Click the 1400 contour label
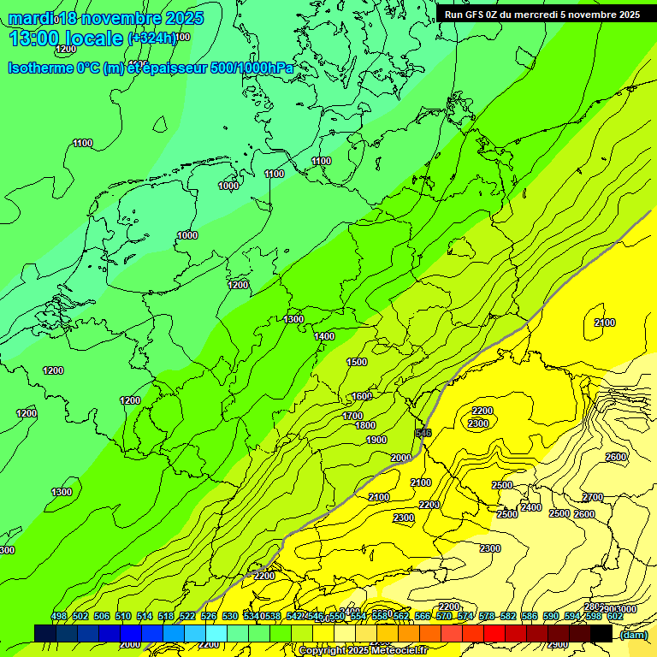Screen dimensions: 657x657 click(324, 336)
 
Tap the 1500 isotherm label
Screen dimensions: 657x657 click(357, 362)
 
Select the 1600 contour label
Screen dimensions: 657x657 click(361, 396)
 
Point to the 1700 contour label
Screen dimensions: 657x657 click(352, 416)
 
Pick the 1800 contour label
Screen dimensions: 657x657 click(365, 425)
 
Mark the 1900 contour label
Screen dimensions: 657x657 click(376, 440)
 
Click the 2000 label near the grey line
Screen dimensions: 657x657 click(400, 458)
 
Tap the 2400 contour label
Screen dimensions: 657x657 click(530, 507)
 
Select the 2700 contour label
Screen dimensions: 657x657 click(592, 497)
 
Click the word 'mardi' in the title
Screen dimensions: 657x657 click(31, 18)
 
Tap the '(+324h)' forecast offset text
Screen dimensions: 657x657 click(152, 38)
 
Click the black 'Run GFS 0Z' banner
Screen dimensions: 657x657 click(542, 14)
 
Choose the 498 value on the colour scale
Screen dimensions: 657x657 click(59, 616)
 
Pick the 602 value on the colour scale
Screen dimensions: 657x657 click(615, 616)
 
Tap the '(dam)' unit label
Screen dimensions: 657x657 click(634, 634)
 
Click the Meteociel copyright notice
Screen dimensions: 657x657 click(363, 651)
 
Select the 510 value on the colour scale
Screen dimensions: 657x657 click(123, 616)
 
